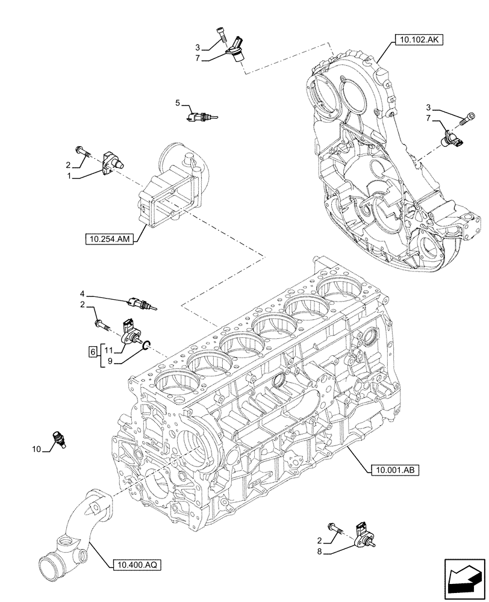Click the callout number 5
(178, 104)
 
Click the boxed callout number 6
(92, 352)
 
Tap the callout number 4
(83, 295)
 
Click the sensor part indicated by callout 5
(201, 116)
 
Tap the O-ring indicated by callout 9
(145, 345)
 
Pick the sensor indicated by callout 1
(114, 163)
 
